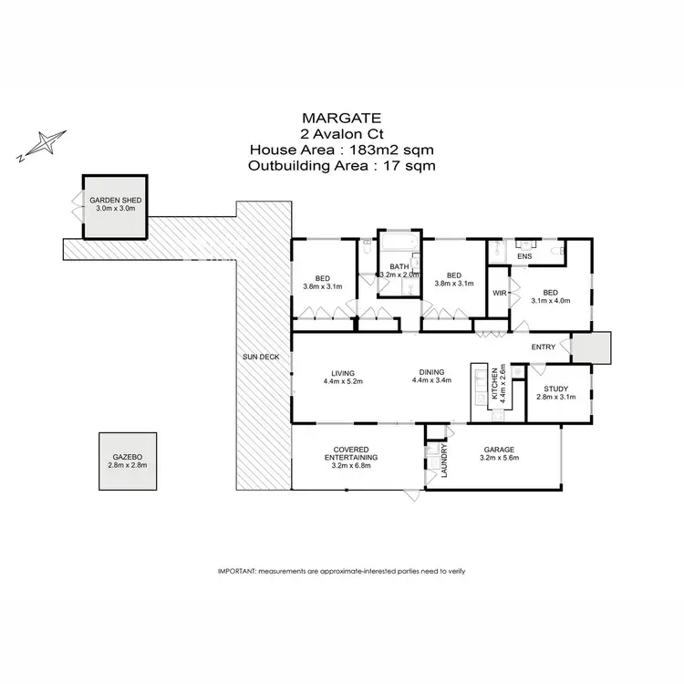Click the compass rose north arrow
click(43, 145)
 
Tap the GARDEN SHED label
click(115, 200)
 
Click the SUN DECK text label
click(260, 357)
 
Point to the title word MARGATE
click(341, 118)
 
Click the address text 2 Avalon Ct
click(341, 133)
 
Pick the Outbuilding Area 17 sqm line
click(341, 166)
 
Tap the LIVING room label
click(343, 371)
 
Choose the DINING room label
click(431, 371)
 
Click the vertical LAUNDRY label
click(444, 461)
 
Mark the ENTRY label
click(544, 347)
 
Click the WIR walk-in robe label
click(499, 293)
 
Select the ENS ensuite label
click(523, 256)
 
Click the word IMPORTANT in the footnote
click(237, 570)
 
